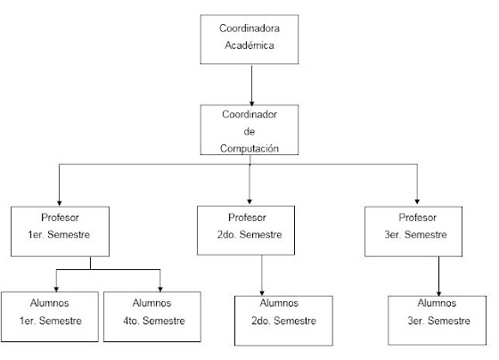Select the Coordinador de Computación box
250,128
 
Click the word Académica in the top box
250,45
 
